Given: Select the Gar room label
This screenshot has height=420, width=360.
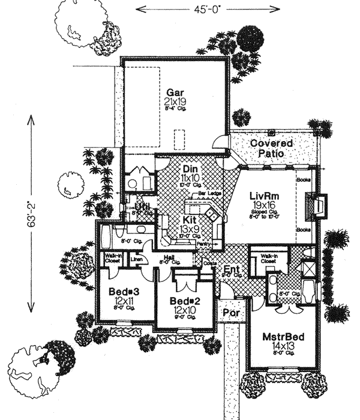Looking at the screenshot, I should [175, 94].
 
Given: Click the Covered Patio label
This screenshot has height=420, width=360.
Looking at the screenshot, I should [272, 148].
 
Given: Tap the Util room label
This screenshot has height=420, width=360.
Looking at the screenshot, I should [141, 208].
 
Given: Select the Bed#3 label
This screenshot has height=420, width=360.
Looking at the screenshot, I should [125, 292].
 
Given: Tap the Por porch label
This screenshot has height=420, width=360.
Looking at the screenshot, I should [229, 313].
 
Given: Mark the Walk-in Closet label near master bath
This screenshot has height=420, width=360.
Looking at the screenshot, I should [269, 259].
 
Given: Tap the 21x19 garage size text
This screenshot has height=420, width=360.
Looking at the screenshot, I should [175, 103].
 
